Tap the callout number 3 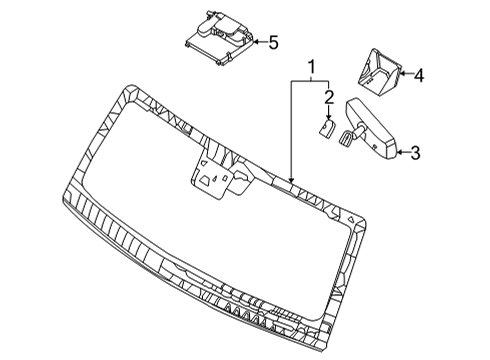pyautogui.click(x=415, y=152)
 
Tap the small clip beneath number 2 pyautogui.click(x=326, y=129)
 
